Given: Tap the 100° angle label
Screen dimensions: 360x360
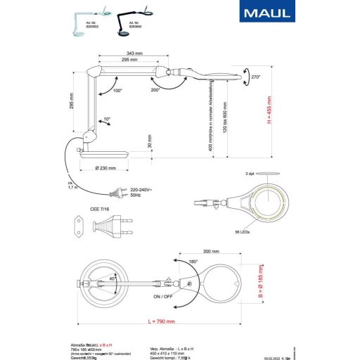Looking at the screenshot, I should [x=117, y=91].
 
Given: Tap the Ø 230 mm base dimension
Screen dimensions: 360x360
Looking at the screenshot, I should [x=105, y=168].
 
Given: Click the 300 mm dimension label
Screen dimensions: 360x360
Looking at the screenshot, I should [x=211, y=251].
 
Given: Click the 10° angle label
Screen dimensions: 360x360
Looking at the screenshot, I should [x=105, y=120].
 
